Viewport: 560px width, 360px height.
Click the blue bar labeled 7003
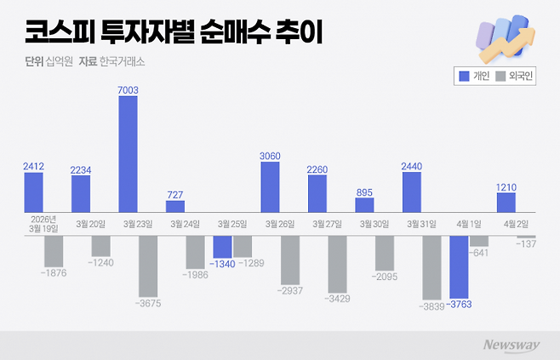[128, 154]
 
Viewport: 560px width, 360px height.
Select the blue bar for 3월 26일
[270, 187]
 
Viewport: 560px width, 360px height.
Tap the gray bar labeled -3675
[148, 265]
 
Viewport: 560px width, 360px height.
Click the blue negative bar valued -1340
[222, 247]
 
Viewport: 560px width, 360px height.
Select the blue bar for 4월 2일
[506, 203]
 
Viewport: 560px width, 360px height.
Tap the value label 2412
[33, 166]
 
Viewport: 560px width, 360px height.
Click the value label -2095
[385, 277]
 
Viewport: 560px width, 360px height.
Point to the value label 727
[175, 193]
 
